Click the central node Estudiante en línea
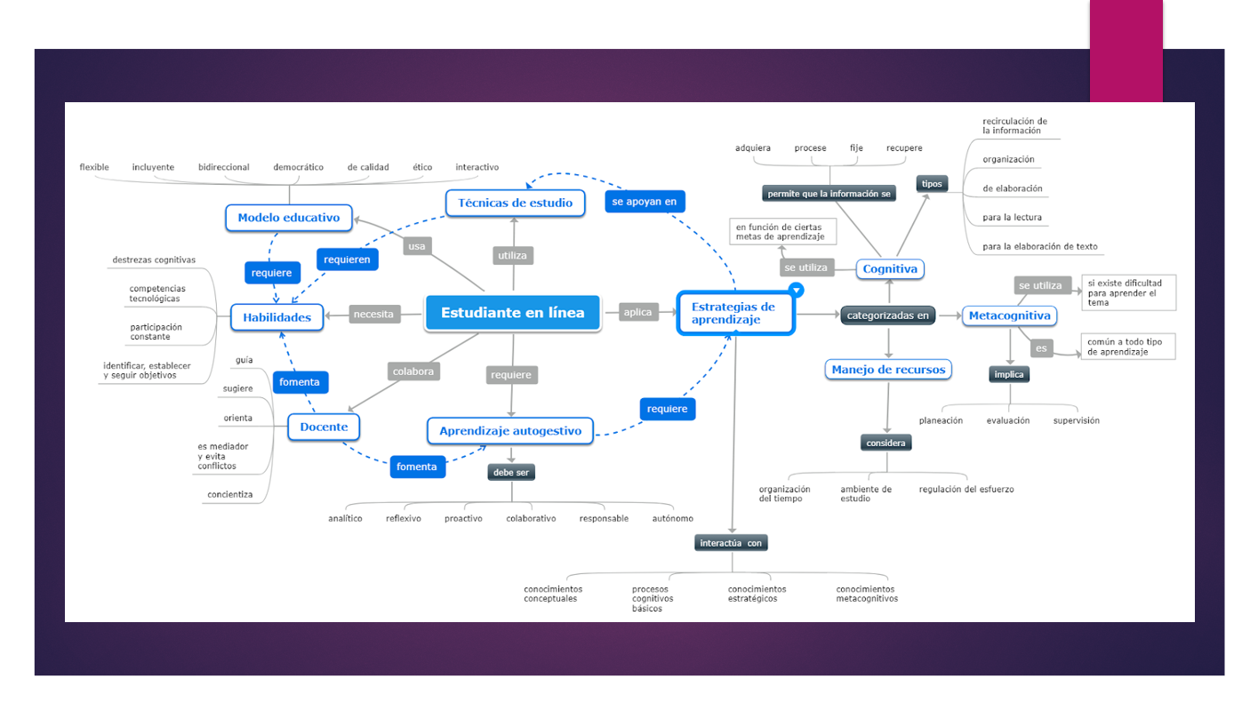513,313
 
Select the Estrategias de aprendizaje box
734,313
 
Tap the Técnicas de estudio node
515,203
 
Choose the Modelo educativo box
289,218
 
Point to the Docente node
324,427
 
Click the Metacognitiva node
1009,316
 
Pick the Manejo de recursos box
888,370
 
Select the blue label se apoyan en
645,202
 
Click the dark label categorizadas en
887,316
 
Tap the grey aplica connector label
637,312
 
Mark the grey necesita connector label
373,314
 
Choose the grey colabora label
413,371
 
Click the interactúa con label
732,543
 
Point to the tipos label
932,184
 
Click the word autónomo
672,518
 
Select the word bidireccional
224,167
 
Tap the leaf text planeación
941,420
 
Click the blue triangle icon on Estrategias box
797,290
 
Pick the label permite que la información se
829,194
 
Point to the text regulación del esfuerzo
966,490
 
